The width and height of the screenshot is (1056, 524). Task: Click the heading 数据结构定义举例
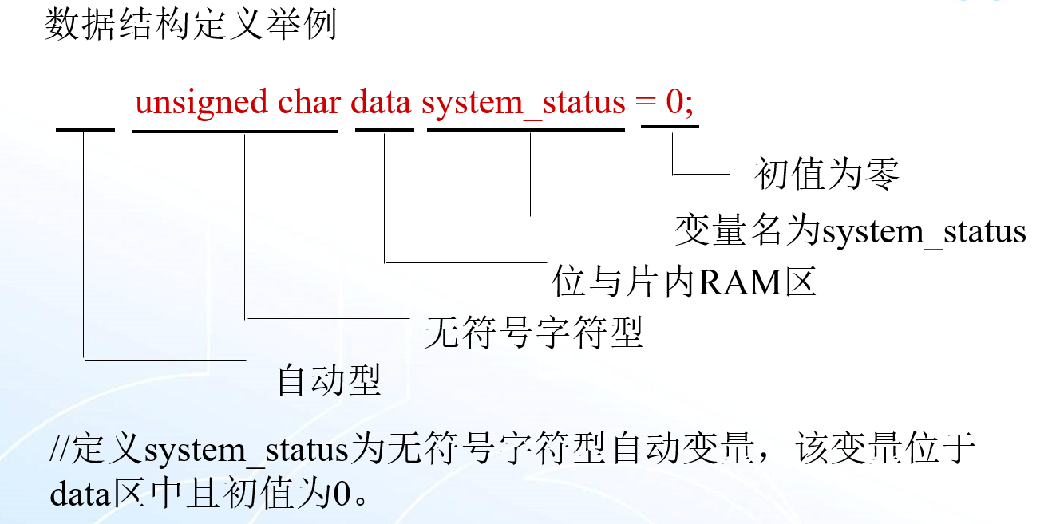pos(191,26)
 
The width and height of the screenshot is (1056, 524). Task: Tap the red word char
pos(310,103)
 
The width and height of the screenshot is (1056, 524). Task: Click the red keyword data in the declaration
pos(382,103)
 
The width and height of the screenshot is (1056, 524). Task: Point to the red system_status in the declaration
pos(524,104)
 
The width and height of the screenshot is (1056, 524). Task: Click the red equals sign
pos(645,104)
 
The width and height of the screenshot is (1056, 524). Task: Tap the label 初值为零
pos(826,174)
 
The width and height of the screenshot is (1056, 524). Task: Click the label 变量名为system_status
pos(850,231)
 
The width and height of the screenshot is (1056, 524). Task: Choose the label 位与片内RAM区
pos(684,282)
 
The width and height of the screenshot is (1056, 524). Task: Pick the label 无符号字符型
pos(534,332)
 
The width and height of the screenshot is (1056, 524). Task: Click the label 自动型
pos(328,380)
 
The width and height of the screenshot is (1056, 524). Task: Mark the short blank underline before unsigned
pos(85,128)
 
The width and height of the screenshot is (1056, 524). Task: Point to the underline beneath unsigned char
pos(234,128)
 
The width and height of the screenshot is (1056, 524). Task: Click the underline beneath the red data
pos(385,128)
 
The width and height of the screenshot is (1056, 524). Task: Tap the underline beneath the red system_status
pos(526,128)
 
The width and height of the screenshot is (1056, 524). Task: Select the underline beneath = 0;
pos(670,127)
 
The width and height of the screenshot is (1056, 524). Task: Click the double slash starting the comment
pos(60,451)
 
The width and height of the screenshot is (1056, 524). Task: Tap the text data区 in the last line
pos(97,494)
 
